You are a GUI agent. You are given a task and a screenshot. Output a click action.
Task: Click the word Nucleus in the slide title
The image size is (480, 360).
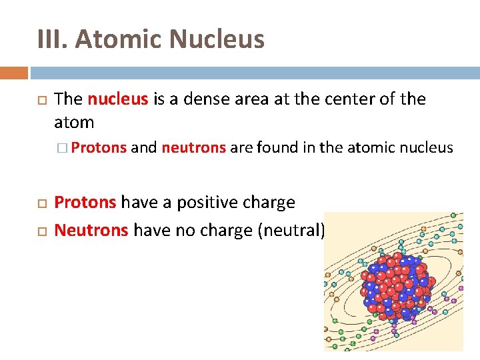pos(217,39)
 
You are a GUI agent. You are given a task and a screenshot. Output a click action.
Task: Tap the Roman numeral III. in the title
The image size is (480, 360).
pos(53,39)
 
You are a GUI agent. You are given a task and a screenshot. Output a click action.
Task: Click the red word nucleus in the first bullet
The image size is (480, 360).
pos(118,99)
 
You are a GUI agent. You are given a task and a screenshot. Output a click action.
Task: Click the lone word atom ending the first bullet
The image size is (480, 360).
pos(74,122)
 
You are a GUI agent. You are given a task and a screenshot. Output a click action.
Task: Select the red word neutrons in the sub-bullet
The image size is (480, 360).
pos(193,147)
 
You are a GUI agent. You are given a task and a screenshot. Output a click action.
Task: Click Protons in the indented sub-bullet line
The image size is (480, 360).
pos(99,147)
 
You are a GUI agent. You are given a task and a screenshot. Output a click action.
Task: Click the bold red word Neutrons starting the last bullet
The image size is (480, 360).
pos(91,230)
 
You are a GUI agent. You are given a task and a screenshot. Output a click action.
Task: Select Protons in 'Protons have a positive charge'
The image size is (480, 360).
pos(85,202)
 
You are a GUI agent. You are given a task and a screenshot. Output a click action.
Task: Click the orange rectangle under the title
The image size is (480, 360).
pos(14,73)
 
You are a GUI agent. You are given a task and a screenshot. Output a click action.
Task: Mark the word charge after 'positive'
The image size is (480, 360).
pos(270,203)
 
